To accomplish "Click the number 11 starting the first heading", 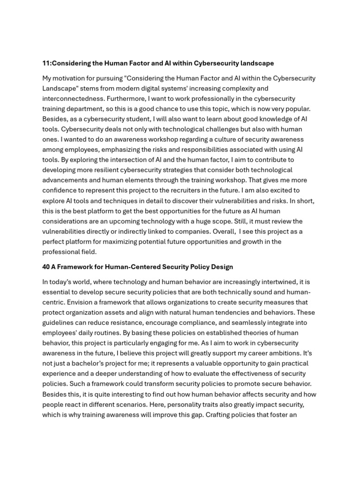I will pos(46,63).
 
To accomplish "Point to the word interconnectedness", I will pos(73,99).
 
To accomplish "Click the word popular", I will pos(296,109).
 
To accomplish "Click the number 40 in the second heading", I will pos(46,267).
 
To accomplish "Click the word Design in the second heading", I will pos(222,267).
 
